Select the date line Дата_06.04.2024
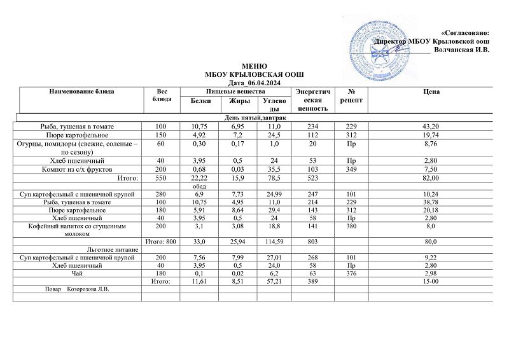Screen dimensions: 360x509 tap(253, 83)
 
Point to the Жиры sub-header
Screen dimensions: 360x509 tap(239, 101)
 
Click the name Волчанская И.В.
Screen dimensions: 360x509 tap(461, 50)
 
